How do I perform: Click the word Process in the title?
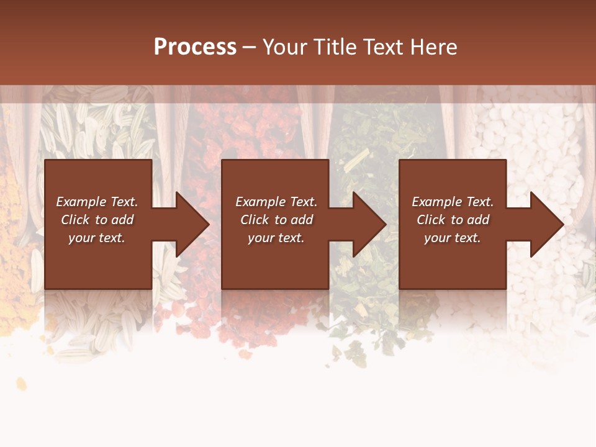pyautogui.click(x=195, y=47)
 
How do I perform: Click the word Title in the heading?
pyautogui.click(x=333, y=47)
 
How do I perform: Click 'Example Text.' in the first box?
pyautogui.click(x=97, y=202)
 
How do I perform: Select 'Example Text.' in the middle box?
pyautogui.click(x=276, y=202)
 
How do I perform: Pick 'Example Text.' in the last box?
pyautogui.click(x=453, y=202)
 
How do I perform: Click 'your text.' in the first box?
pyautogui.click(x=97, y=238)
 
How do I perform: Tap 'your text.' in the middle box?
pyautogui.click(x=276, y=238)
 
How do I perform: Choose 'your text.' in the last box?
pyautogui.click(x=453, y=238)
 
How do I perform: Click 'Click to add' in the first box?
pyautogui.click(x=97, y=220)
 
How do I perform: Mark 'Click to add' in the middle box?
pyautogui.click(x=276, y=220)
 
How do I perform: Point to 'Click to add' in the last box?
pyautogui.click(x=453, y=220)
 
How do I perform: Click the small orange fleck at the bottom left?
pyautogui.click(x=22, y=384)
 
